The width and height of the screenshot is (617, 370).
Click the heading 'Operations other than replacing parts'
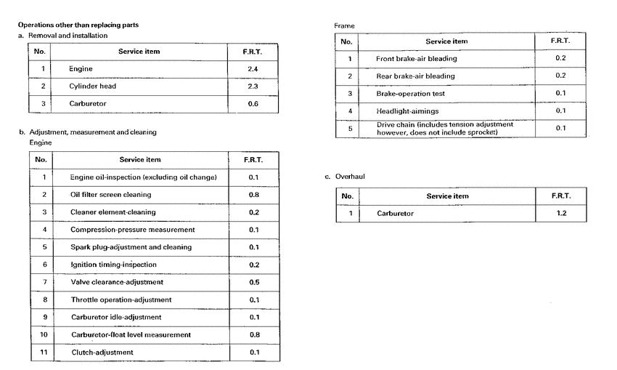(78, 25)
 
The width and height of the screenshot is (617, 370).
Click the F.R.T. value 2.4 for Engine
(253, 69)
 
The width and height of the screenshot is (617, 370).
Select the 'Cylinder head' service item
(93, 87)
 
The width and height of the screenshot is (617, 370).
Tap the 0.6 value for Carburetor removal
(253, 103)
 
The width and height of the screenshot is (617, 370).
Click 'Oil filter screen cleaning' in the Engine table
(111, 195)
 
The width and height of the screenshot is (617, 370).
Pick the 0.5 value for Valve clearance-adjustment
(254, 282)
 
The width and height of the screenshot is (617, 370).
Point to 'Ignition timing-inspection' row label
(114, 265)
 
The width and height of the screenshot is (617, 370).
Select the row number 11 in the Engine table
(44, 352)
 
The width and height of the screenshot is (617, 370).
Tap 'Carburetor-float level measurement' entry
(131, 334)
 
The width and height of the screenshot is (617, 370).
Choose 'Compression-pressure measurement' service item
(133, 230)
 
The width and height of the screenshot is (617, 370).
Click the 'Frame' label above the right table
(344, 25)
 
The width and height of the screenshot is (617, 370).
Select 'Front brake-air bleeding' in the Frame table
(417, 58)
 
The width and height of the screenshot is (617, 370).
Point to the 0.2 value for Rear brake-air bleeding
(560, 76)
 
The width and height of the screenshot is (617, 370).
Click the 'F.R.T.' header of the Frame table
(560, 41)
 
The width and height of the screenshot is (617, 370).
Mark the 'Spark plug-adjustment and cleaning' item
(131, 247)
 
